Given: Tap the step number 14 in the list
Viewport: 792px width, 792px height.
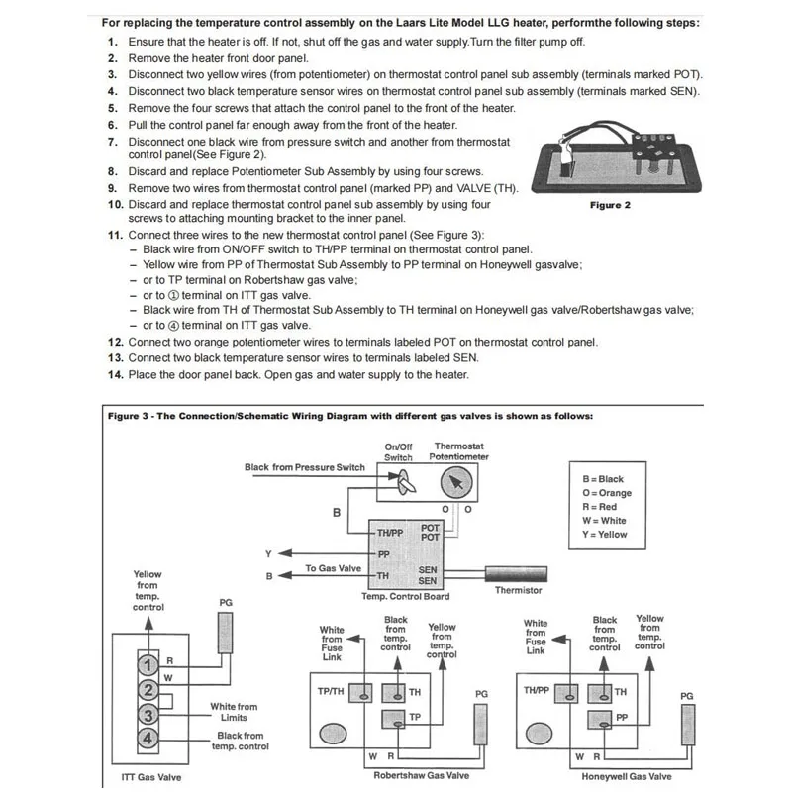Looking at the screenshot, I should click(115, 374).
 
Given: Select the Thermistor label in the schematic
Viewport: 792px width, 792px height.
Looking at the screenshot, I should click(519, 590).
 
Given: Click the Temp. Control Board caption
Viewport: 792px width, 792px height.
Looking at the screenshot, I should click(406, 596).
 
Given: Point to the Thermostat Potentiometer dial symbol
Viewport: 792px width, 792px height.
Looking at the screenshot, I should click(454, 484).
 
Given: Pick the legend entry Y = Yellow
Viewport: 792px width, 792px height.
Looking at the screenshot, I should click(605, 535).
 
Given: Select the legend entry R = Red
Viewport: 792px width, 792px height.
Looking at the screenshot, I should click(600, 507).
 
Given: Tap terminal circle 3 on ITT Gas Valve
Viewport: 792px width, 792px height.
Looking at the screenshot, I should click(147, 715).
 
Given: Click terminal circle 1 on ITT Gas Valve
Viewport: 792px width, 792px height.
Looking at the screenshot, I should click(147, 664).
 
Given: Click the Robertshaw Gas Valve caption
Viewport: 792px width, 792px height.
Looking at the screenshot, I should click(413, 777).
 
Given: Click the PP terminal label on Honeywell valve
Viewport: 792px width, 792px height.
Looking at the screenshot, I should click(621, 716).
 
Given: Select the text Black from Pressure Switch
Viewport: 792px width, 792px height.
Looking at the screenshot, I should click(305, 467).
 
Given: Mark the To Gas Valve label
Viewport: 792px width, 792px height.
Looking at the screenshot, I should click(333, 568).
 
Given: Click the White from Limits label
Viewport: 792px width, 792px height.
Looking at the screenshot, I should click(234, 712).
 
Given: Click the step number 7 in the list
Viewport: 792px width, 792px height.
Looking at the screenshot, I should click(115, 141).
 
